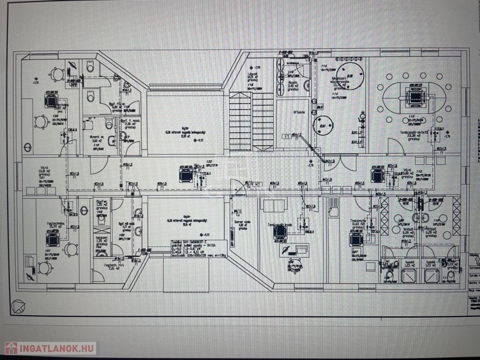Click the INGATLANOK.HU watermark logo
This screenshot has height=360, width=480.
coord(50,348)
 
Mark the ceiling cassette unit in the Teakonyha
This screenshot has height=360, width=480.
coord(356,240)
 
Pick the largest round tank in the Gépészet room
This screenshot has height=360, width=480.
coord(350,75)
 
